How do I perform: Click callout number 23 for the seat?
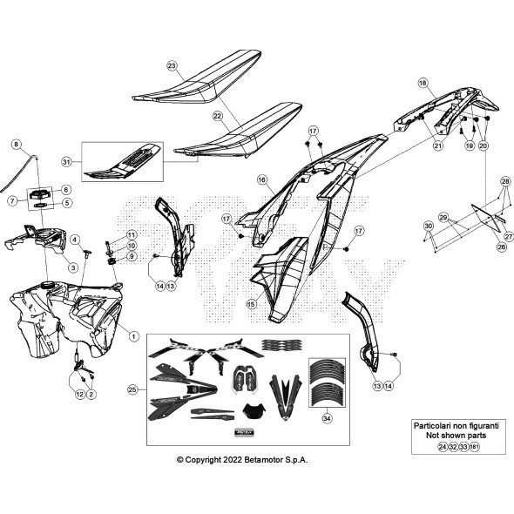pos(172,66)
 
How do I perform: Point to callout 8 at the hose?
pos(15,143)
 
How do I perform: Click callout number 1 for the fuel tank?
pos(133,335)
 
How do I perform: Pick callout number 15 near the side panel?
pos(251,304)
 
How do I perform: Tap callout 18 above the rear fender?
pos(423,83)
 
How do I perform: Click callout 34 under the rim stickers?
pos(326,418)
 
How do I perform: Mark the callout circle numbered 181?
pos(475,446)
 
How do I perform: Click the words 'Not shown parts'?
pos(455,436)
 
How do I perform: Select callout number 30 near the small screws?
pos(428,226)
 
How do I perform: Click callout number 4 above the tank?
pos(75,240)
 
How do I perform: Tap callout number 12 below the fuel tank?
pos(79,395)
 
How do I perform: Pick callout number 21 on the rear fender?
pos(437,145)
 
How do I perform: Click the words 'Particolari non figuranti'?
pos(455,425)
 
